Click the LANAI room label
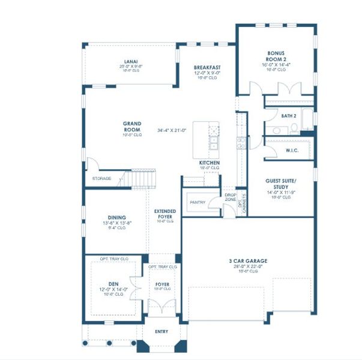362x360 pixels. [131, 61]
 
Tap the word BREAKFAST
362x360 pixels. [207, 67]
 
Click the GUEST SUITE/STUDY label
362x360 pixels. [281, 183]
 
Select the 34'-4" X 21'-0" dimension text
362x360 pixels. [172, 130]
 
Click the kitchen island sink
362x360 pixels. [214, 143]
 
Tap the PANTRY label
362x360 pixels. [198, 202]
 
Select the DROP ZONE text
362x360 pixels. [231, 197]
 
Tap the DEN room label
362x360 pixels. [113, 284]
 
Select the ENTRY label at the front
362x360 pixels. [161, 332]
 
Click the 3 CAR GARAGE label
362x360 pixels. [247, 261]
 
